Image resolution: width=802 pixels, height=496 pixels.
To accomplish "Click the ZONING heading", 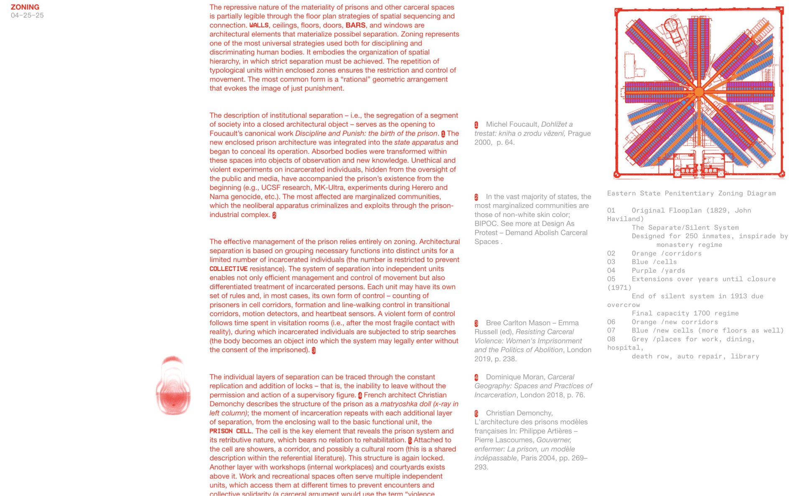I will (x=25, y=7).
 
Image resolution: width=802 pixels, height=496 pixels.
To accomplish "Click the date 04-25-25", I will (x=27, y=15).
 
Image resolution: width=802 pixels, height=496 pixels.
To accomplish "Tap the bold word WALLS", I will (x=259, y=25).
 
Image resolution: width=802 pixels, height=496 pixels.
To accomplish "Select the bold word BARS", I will (x=355, y=25).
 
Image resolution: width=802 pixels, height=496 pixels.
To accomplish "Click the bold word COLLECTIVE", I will (x=228, y=269).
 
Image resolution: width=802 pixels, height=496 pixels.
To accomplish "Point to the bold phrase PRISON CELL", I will (x=230, y=431).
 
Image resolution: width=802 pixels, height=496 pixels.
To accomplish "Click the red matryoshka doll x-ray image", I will (x=173, y=386).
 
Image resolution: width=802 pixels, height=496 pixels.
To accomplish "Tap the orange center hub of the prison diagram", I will (x=699, y=92).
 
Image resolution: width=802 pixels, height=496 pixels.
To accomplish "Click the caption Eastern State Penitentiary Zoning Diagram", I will (x=691, y=193).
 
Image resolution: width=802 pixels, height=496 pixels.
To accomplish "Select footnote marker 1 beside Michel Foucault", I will (x=476, y=125).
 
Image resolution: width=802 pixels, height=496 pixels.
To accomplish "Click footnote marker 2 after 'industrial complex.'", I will (x=274, y=215).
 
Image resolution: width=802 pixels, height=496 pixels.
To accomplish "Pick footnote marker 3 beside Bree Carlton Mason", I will (x=476, y=324).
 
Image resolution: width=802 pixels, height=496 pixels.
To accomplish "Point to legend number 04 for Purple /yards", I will (x=611, y=271).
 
